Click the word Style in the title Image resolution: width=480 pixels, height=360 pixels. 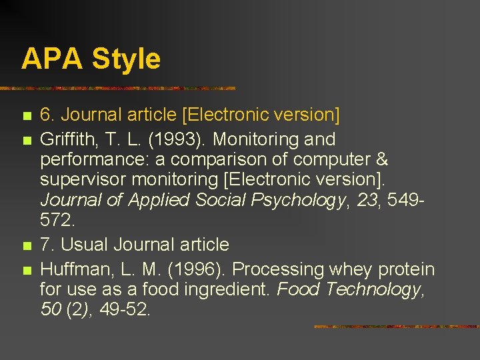tap(126, 59)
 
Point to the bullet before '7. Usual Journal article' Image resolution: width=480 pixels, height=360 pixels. tap(26, 246)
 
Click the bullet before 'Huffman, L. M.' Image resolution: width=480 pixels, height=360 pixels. tap(26, 271)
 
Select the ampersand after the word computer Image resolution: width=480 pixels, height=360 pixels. tap(380, 160)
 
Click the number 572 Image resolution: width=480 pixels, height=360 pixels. tap(57, 219)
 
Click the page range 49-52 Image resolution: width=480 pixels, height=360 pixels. tap(125, 309)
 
